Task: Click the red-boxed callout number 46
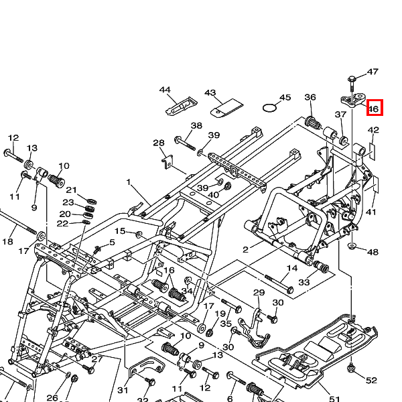tap(374, 107)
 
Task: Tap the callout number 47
tap(373, 72)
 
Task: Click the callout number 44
tap(165, 90)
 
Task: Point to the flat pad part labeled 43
tap(226, 106)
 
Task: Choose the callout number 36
tap(310, 98)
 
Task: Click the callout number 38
tap(196, 126)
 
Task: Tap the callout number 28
tap(159, 143)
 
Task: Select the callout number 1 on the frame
tap(129, 182)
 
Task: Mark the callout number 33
tap(304, 282)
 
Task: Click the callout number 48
tap(373, 252)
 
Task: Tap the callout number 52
tap(371, 381)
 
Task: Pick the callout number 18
tap(8, 241)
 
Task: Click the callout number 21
tap(72, 190)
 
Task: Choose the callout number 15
tap(120, 231)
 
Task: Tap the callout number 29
tap(259, 293)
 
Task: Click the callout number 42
tap(374, 131)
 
